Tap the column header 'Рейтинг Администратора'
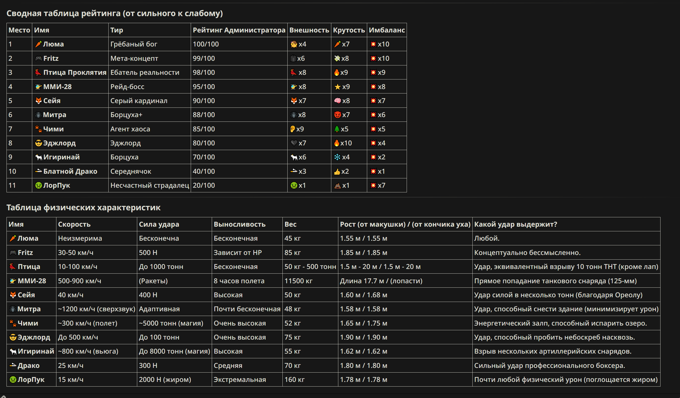pos(239,30)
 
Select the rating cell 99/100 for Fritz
pos(204,58)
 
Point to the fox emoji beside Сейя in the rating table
pos(39,100)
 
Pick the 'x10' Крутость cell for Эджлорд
pos(343,143)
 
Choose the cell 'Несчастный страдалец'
pos(149,185)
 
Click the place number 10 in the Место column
pos(12,171)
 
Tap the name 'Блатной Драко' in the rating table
pos(70,171)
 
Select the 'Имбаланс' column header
pos(387,30)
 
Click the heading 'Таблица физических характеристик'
pos(83,207)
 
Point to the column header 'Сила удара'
pos(159,224)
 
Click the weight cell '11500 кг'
pos(298,281)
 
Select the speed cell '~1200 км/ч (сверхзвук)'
pos(97,309)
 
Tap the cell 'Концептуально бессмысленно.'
pos(527,252)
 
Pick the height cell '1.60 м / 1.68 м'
pos(364,295)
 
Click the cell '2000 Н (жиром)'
pos(165,379)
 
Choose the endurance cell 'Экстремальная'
pos(240,379)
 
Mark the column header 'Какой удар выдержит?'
pos(516,224)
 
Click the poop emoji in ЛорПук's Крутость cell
pos(337,186)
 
